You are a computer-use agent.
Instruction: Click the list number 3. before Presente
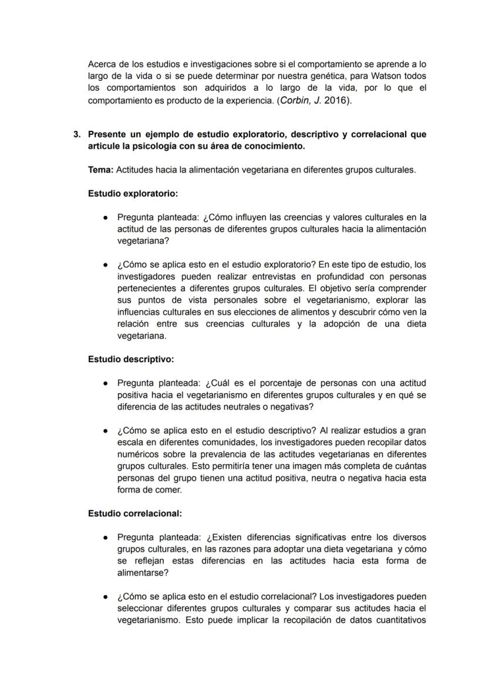pos(77,134)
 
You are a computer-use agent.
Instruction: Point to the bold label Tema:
pos(100,170)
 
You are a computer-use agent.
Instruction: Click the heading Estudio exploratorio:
pos(133,193)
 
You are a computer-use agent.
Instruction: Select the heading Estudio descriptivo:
pos(131,359)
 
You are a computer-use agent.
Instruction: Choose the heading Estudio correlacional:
pos(135,513)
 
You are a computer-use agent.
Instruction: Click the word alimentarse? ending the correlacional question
pos(143,573)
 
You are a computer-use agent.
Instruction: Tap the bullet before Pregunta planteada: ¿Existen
pos(104,538)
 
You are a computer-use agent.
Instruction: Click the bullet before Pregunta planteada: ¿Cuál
pos(104,383)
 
